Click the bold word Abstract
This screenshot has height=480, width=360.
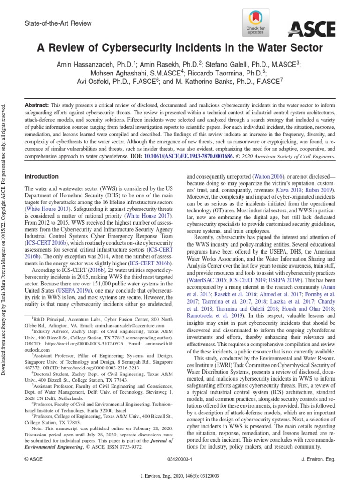coord(37,106)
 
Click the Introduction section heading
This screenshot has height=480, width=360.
coord(41,177)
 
